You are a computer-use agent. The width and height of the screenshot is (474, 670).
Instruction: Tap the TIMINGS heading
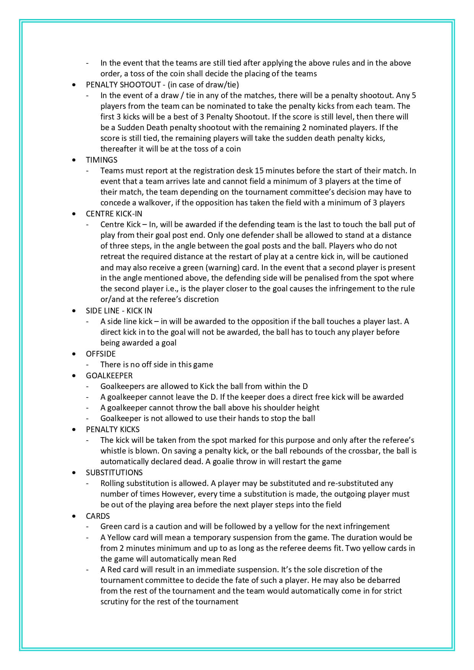[102, 160]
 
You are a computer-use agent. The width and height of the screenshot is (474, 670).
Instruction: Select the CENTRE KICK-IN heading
[114, 214]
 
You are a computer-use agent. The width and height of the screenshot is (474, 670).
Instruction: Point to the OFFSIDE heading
[101, 354]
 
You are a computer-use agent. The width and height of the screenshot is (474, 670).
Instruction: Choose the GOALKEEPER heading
[109, 376]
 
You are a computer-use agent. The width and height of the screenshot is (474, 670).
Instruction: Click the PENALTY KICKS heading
[113, 429]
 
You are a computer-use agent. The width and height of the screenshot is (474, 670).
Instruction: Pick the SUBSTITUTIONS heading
[114, 473]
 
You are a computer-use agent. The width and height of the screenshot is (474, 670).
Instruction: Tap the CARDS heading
[98, 516]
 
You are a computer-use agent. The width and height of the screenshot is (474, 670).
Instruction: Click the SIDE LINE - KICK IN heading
[119, 311]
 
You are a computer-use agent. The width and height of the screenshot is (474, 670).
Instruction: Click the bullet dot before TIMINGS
[74, 160]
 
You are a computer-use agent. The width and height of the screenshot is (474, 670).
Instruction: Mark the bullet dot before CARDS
[74, 517]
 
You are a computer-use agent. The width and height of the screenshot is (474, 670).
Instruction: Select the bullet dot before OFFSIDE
[74, 354]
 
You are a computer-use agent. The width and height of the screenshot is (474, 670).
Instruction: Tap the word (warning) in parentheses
[215, 268]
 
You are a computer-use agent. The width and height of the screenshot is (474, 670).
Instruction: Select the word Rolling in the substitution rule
[112, 483]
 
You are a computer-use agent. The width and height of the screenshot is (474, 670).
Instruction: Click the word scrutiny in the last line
[115, 602]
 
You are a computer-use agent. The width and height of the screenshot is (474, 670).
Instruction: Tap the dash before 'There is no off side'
[88, 365]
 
